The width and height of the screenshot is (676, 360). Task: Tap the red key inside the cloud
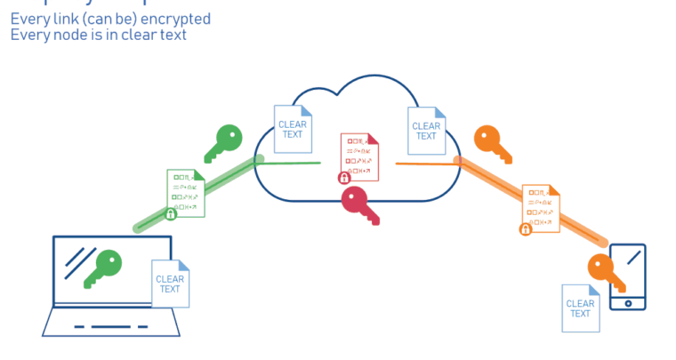click(359, 204)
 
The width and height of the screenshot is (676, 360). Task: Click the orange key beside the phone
click(606, 272)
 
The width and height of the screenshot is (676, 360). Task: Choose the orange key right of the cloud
click(491, 143)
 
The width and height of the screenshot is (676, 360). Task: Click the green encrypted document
click(186, 192)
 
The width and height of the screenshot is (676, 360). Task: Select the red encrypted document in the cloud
click(359, 156)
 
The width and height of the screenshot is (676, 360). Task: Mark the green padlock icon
click(171, 213)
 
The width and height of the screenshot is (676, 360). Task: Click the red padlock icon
click(344, 178)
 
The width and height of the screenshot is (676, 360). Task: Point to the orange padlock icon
click(526, 229)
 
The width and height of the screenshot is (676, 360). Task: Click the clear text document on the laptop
click(171, 284)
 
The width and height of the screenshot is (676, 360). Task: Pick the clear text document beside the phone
click(580, 308)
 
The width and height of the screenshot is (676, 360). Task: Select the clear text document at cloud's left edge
click(293, 130)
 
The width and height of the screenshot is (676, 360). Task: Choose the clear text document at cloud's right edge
click(426, 131)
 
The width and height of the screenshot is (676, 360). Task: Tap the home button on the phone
click(628, 303)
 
